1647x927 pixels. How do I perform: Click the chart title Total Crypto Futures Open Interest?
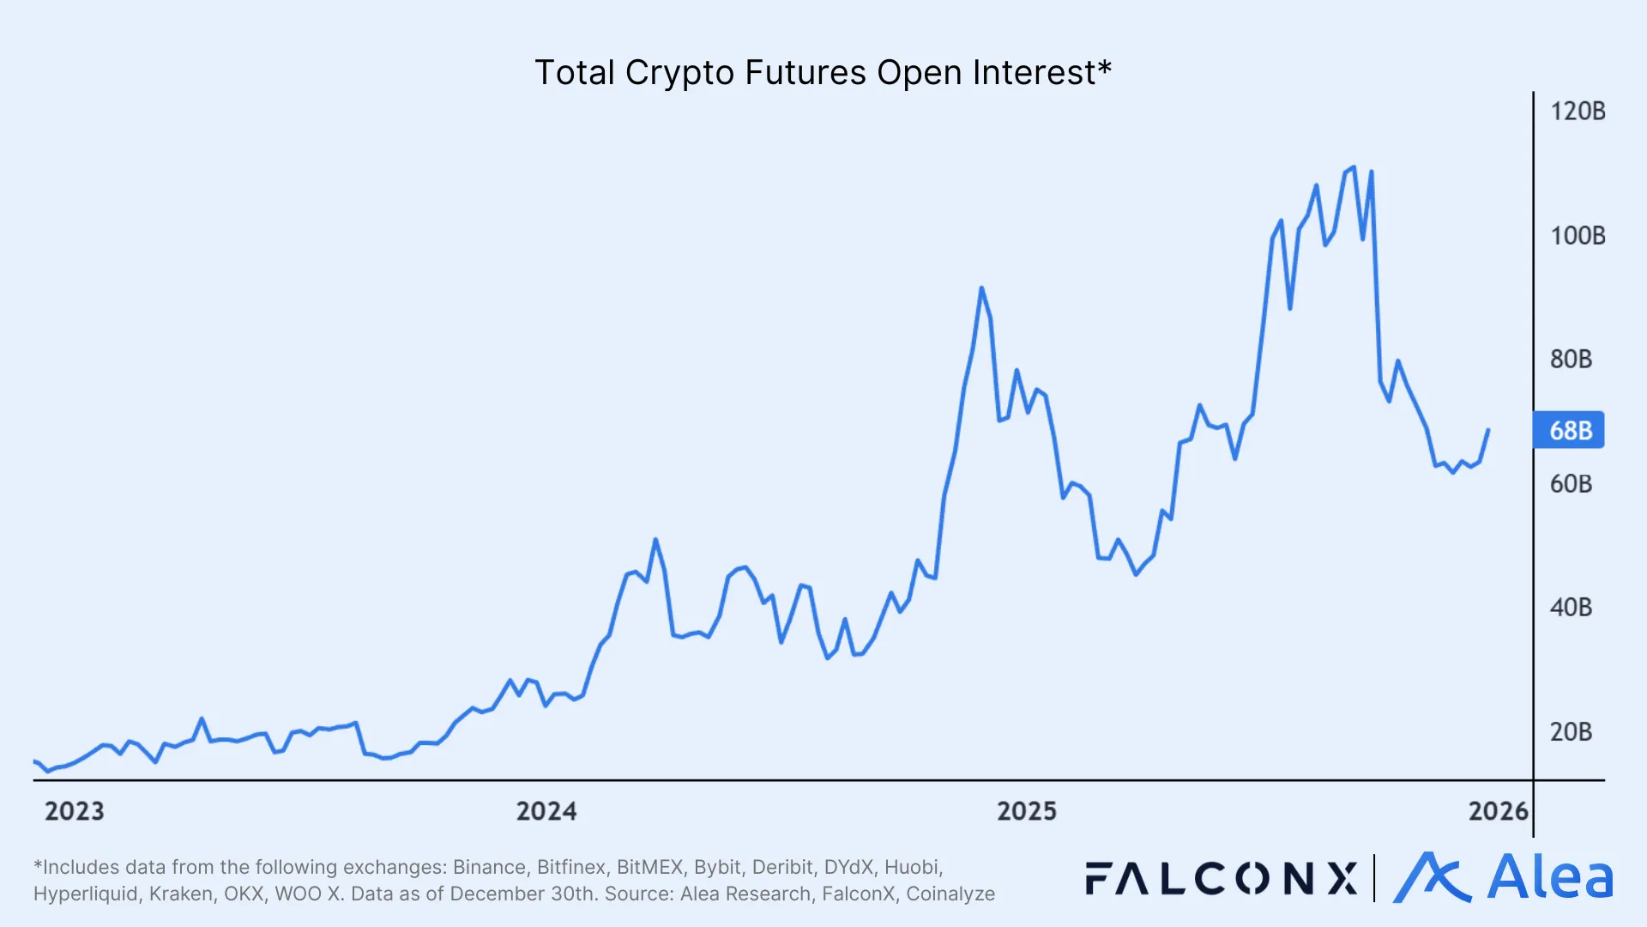coord(822,73)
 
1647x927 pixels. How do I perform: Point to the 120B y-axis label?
coord(1577,112)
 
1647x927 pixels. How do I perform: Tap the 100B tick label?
coord(1577,236)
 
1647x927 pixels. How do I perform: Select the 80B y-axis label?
coord(1571,360)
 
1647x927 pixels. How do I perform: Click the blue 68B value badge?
coord(1569,430)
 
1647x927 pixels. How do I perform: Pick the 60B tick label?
coord(1571,484)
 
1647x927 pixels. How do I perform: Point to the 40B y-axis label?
coord(1571,608)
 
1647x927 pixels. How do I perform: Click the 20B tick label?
coord(1571,732)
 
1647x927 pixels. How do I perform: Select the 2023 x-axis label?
coord(74,811)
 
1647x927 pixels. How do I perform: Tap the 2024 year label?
coord(546,811)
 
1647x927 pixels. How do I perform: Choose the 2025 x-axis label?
coord(1026,811)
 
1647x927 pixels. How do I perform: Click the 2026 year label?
coord(1498,811)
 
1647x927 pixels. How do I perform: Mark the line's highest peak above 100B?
coord(1354,167)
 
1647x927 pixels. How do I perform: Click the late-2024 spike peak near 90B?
coord(981,288)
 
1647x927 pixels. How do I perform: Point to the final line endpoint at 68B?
coord(1488,430)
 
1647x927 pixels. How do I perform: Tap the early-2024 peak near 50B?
coord(655,540)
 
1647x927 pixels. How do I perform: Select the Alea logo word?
coord(1549,878)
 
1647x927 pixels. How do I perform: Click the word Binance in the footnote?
coord(489,867)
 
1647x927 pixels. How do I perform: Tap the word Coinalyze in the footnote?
coord(950,894)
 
